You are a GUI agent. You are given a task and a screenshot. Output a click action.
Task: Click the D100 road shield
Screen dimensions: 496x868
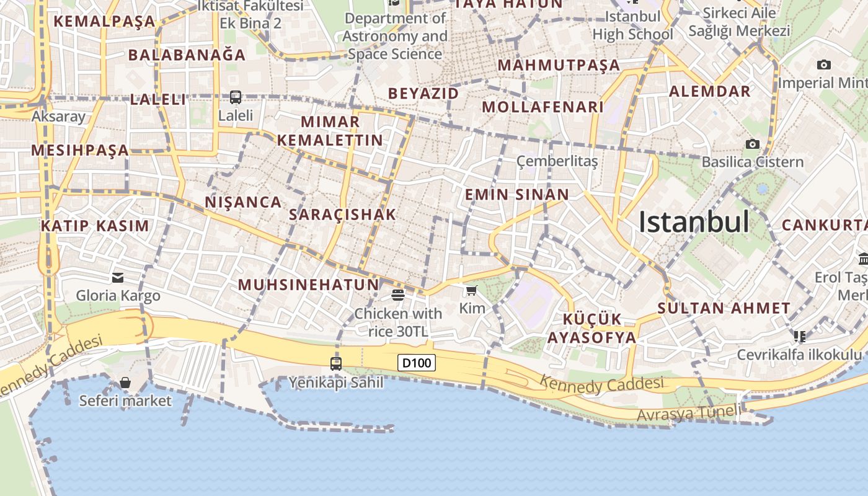[x=417, y=363]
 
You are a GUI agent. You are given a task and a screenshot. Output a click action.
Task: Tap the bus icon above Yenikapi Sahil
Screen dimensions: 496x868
[x=336, y=364]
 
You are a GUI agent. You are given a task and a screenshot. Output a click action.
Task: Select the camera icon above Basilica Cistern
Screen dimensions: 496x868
[x=753, y=144]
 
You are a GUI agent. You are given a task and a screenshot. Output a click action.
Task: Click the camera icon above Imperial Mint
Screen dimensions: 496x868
[x=824, y=64]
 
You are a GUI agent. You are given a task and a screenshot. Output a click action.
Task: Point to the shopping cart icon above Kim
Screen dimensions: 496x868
[x=472, y=290]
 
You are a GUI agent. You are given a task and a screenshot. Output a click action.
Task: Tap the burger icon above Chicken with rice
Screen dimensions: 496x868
[x=398, y=294]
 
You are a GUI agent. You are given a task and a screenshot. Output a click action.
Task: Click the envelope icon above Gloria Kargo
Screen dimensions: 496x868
[x=118, y=277]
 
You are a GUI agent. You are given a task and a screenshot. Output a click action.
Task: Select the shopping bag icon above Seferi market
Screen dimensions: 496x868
[x=125, y=383]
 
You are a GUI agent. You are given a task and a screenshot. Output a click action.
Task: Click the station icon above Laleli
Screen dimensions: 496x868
[x=236, y=97]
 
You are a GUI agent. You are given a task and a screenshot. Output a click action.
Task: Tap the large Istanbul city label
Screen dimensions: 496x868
[x=694, y=222]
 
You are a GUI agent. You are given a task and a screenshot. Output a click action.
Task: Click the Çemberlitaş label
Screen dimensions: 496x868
[x=557, y=161]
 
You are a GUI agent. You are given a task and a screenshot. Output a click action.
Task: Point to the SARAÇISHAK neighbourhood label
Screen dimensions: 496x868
[x=342, y=215]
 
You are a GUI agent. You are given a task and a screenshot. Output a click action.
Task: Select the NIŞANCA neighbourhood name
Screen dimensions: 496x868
[x=243, y=202]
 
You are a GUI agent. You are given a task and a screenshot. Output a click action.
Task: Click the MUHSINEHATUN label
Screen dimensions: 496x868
[x=308, y=285]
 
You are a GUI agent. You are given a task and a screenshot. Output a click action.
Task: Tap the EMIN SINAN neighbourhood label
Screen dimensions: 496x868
[x=517, y=195]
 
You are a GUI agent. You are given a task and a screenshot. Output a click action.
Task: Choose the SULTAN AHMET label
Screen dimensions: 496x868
[x=724, y=308]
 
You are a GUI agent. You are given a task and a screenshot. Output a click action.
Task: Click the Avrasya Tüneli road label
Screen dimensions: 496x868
[x=688, y=413]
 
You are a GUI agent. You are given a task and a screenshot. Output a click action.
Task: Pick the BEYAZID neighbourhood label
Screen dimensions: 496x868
[x=423, y=94]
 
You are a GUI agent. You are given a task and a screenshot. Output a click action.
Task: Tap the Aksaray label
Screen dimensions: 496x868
[x=58, y=117]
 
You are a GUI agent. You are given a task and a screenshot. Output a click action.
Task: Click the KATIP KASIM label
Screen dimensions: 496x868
[x=95, y=226]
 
